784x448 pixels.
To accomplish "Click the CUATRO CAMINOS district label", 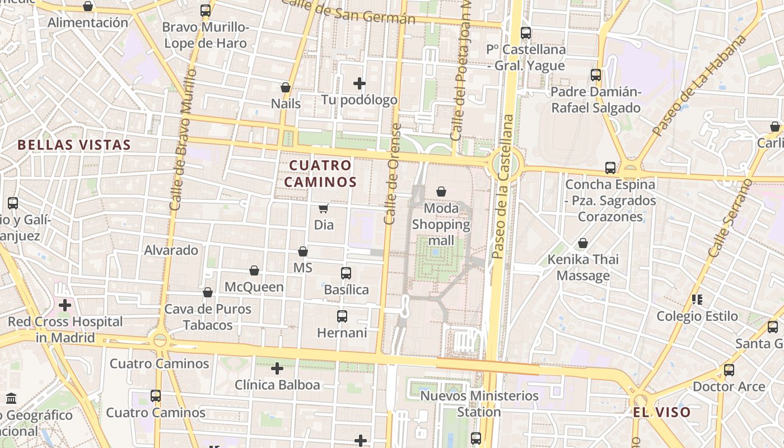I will click(x=320, y=174).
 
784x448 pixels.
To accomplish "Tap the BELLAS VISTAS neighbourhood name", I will click(x=74, y=145).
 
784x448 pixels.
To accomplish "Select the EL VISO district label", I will click(x=661, y=413).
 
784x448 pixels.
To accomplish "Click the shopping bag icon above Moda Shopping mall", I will click(x=441, y=192).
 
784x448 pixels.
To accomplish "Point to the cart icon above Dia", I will click(x=323, y=209).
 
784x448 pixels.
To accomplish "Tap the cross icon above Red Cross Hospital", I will click(x=65, y=305).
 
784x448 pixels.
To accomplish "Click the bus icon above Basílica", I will click(x=346, y=273).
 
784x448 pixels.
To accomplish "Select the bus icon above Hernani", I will click(x=342, y=316).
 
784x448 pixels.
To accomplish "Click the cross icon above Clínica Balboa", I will click(x=277, y=368).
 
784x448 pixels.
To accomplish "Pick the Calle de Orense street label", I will click(x=392, y=174).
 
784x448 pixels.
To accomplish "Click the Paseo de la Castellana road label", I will click(x=501, y=186).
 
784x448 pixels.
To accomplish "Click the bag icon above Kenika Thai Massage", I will click(x=583, y=244).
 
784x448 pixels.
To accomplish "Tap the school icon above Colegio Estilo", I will click(x=697, y=300).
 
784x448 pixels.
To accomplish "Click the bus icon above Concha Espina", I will click(x=610, y=167).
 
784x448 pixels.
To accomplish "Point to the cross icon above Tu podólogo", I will click(x=360, y=84).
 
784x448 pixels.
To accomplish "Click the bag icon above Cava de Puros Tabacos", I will click(x=208, y=292).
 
